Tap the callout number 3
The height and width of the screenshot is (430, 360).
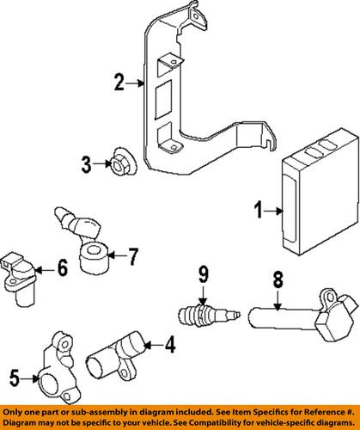point(87,162)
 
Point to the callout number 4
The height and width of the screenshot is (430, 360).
point(169,371)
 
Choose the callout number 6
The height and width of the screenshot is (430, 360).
point(62,269)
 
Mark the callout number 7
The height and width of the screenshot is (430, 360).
point(132,255)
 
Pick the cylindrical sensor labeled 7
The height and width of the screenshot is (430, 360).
point(92,255)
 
